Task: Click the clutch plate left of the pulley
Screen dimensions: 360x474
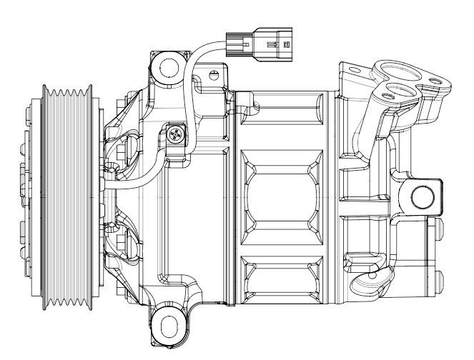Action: click(29, 195)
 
